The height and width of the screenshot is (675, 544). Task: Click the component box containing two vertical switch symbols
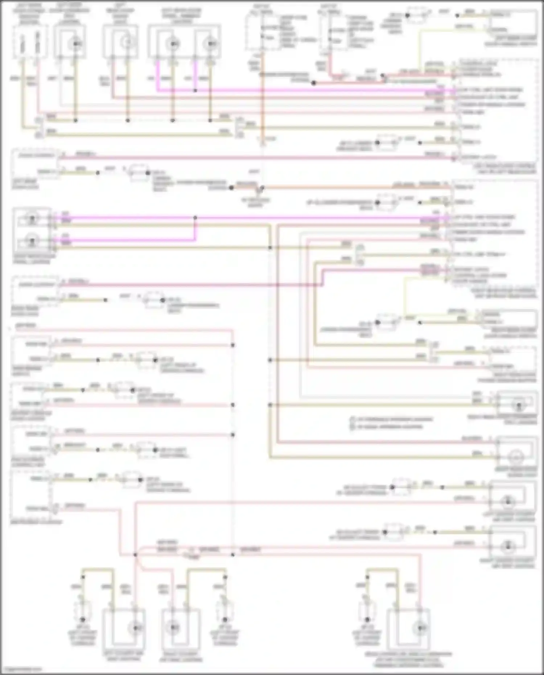[x=30, y=42]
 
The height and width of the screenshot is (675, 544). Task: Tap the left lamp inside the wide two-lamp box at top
[x=173, y=44]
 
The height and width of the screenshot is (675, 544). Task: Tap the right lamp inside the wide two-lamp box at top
[x=210, y=44]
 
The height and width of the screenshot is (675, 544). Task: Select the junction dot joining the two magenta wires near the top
[x=195, y=90]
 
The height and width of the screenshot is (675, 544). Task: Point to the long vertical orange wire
[x=263, y=109]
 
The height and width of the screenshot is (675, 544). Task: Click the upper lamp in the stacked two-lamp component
[x=32, y=218]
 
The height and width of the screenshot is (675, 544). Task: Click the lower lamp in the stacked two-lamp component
[x=32, y=240]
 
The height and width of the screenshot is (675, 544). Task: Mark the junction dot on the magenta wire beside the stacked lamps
[x=195, y=218]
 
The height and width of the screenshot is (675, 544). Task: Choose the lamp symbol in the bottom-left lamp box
[x=136, y=627]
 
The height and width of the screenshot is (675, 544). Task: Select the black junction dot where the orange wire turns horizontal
[x=262, y=188]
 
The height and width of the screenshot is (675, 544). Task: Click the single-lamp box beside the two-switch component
[x=70, y=42]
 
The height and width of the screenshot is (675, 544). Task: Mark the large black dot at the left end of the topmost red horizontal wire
[x=314, y=83]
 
